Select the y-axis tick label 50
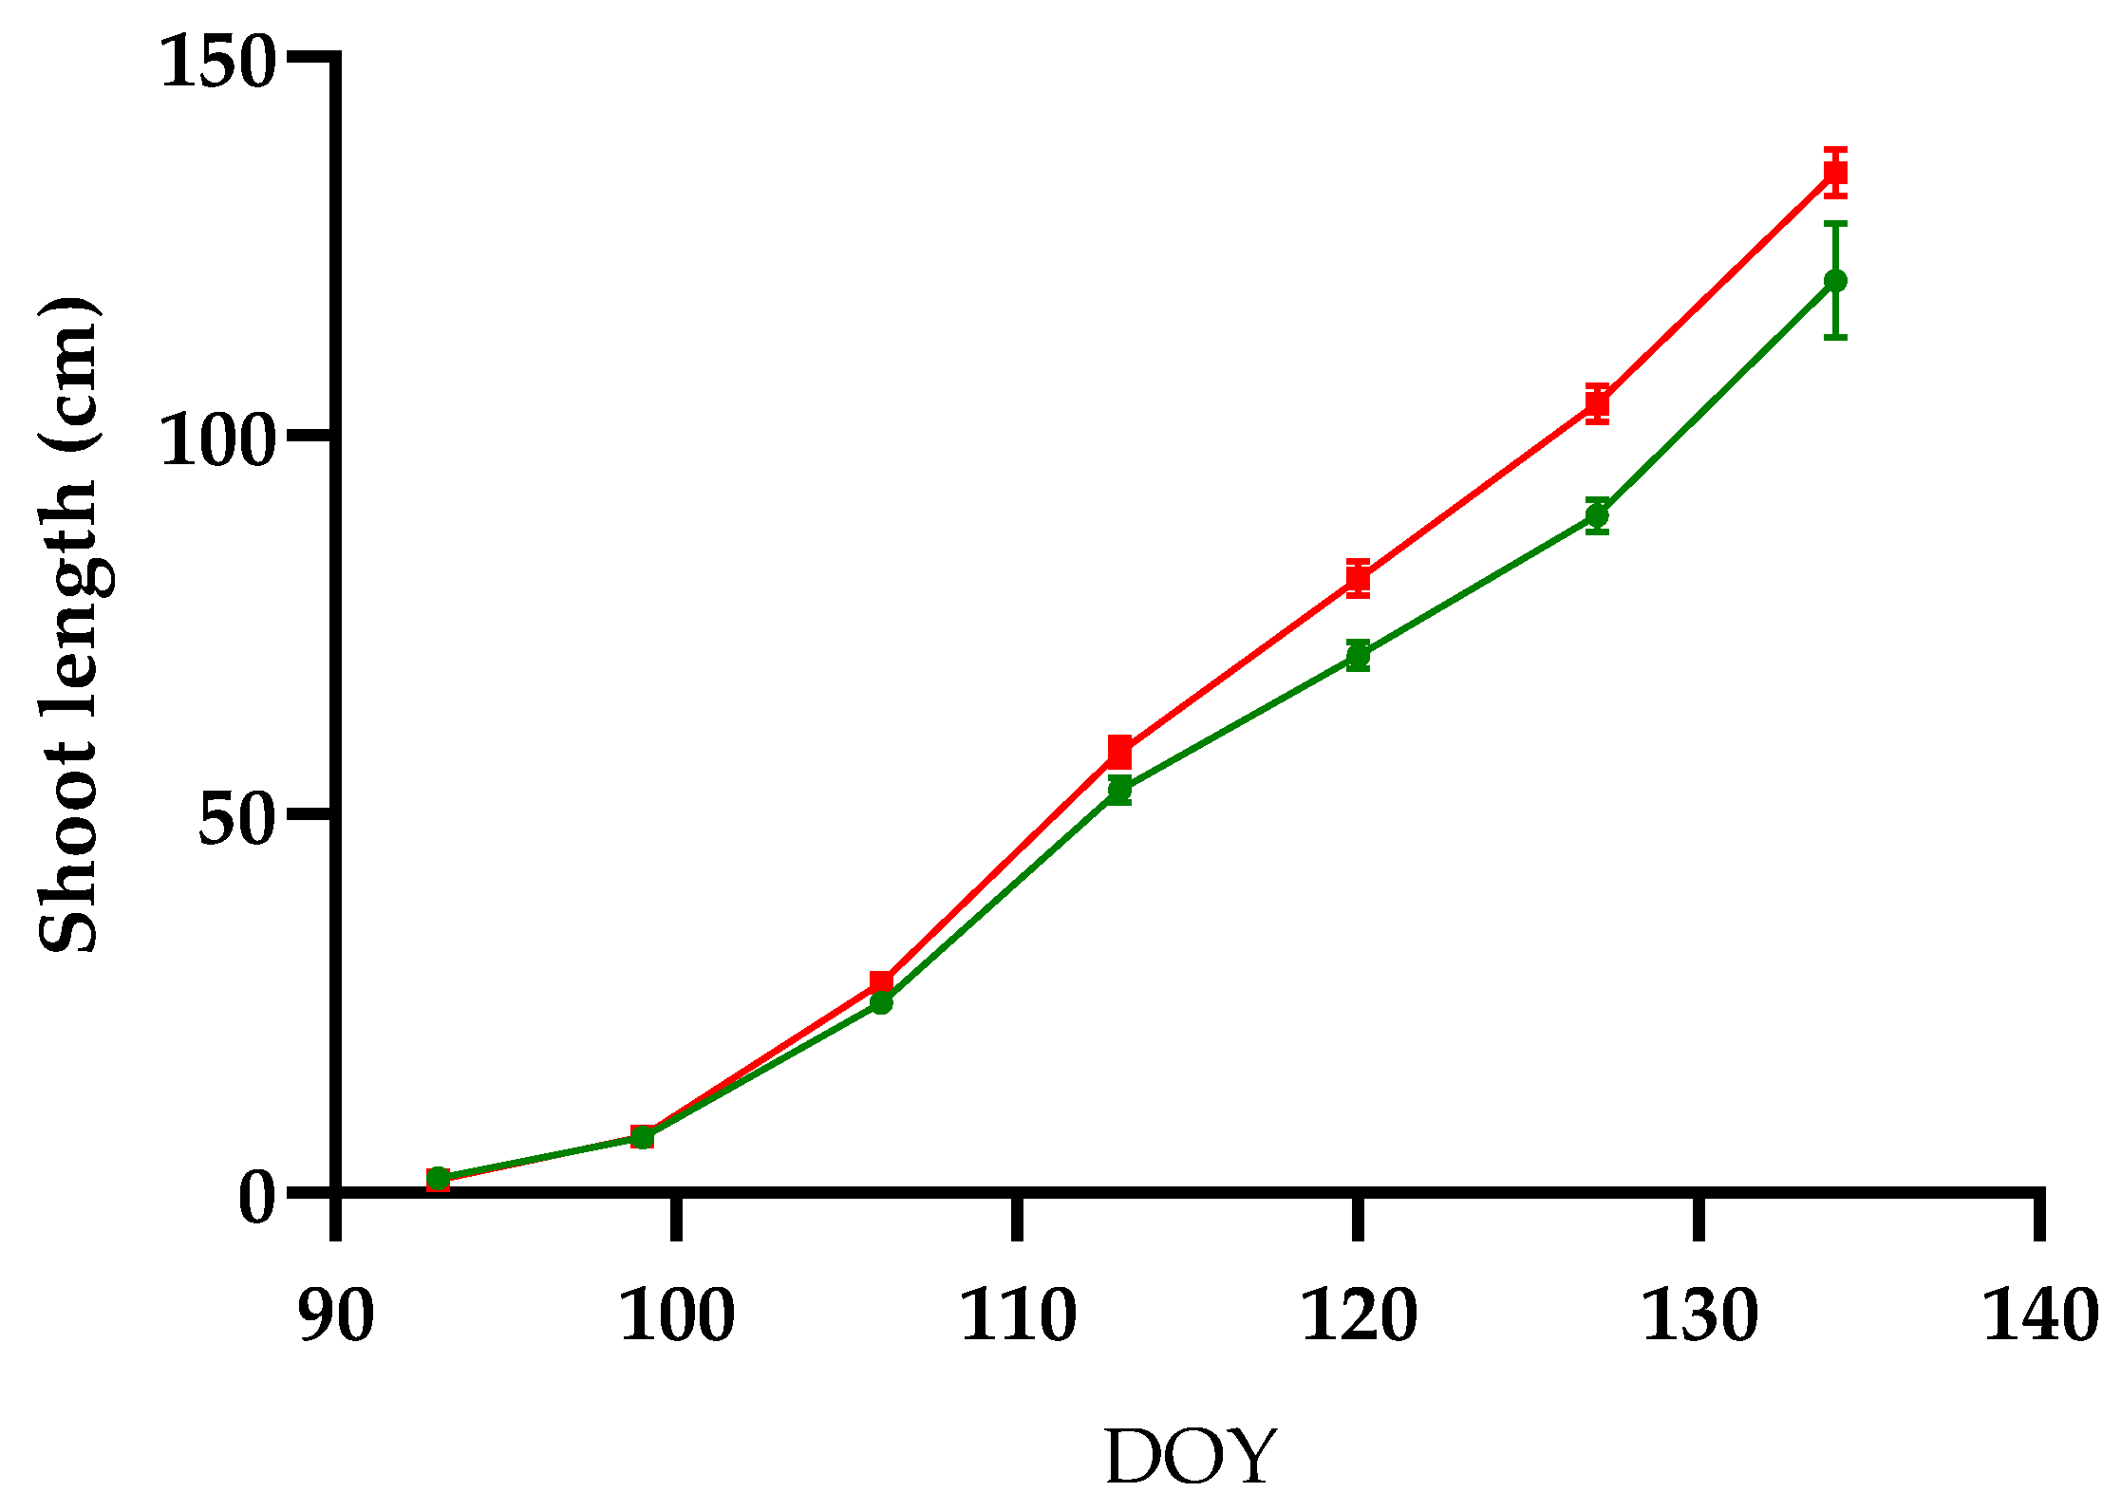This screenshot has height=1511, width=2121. click(236, 817)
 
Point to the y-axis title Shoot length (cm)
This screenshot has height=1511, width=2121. click(68, 625)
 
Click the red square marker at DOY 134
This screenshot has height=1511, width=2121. click(1835, 173)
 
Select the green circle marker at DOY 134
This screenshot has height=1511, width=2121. click(1835, 281)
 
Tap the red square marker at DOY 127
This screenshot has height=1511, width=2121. click(1597, 403)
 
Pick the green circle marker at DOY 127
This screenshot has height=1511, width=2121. click(1597, 516)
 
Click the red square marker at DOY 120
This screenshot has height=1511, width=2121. click(1358, 578)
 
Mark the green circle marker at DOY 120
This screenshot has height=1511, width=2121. click(1358, 655)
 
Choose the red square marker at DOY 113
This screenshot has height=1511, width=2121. click(1119, 751)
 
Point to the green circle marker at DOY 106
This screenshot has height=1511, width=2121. click(881, 1002)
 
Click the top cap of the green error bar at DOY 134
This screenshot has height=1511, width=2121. click(1835, 224)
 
